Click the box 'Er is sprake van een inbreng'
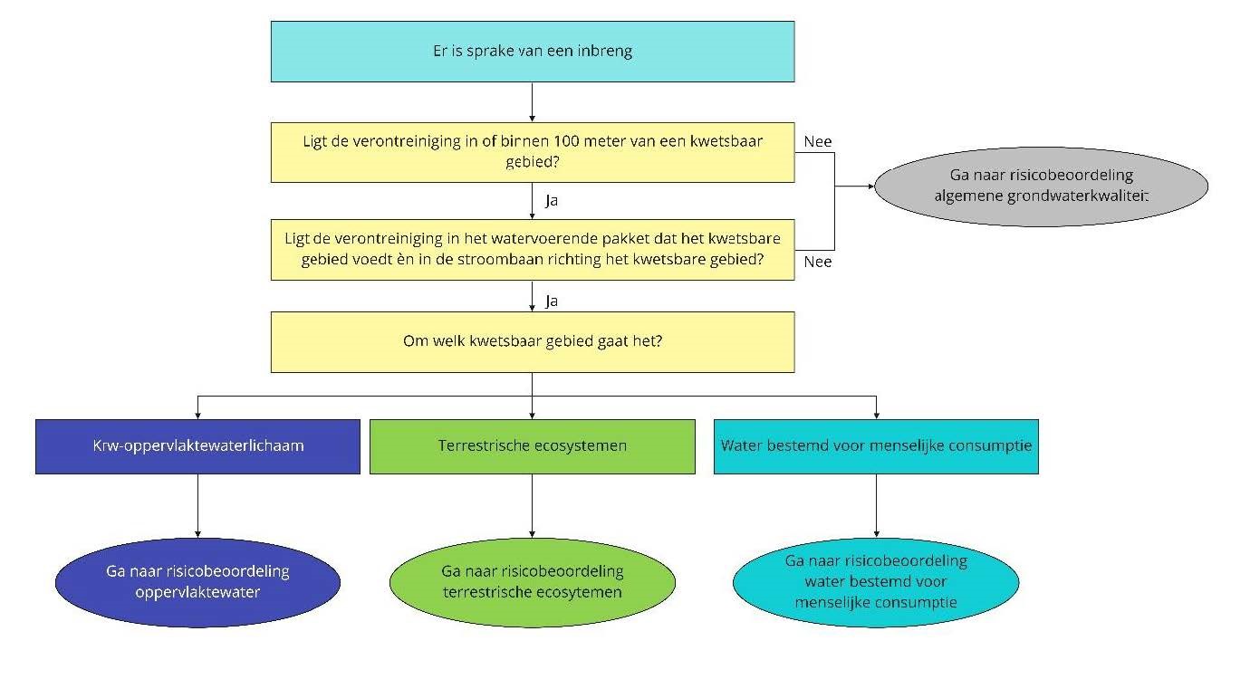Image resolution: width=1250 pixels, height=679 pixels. click(x=533, y=52)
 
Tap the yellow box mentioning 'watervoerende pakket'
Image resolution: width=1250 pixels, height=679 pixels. click(x=533, y=249)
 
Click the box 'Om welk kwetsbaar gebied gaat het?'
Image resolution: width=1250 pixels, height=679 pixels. click(x=533, y=342)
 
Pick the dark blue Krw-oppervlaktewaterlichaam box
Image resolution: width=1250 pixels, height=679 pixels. click(x=197, y=446)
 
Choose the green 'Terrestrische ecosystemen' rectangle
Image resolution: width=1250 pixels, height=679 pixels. click(x=533, y=446)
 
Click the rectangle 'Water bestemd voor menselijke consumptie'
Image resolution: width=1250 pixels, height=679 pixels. click(x=876, y=446)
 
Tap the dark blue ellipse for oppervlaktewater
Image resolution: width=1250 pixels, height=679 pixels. click(x=197, y=582)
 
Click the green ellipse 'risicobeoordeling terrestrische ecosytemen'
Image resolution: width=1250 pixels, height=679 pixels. click(x=533, y=582)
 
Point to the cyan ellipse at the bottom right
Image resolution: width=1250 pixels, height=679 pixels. click(x=876, y=581)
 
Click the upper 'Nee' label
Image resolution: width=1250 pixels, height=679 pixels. click(x=817, y=141)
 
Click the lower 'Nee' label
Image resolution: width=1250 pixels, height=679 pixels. click(x=817, y=263)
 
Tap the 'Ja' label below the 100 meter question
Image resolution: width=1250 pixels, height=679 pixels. click(x=552, y=201)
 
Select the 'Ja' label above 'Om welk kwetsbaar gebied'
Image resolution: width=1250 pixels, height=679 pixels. click(x=552, y=298)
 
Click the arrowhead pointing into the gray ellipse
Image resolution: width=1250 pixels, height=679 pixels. click(x=871, y=186)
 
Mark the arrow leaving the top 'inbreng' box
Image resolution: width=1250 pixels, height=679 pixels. click(x=532, y=101)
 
